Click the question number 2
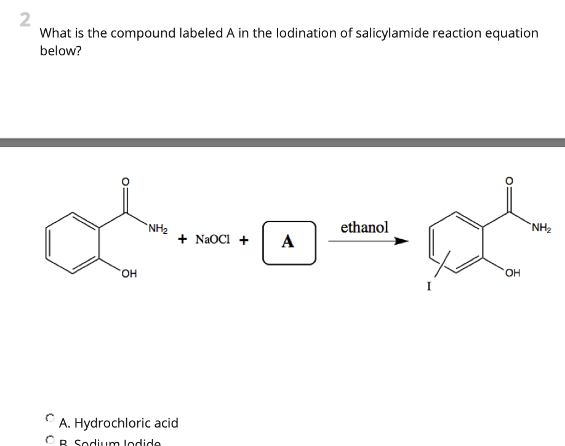(x=25, y=20)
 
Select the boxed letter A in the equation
(x=288, y=242)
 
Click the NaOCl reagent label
(x=213, y=240)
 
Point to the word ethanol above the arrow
(x=364, y=227)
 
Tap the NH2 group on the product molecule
(x=541, y=230)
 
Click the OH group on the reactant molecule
(x=129, y=274)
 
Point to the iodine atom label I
(x=429, y=286)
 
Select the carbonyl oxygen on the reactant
(x=125, y=181)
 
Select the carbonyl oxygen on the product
(x=508, y=181)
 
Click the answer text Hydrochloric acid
(x=119, y=423)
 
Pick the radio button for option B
(x=50, y=440)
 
